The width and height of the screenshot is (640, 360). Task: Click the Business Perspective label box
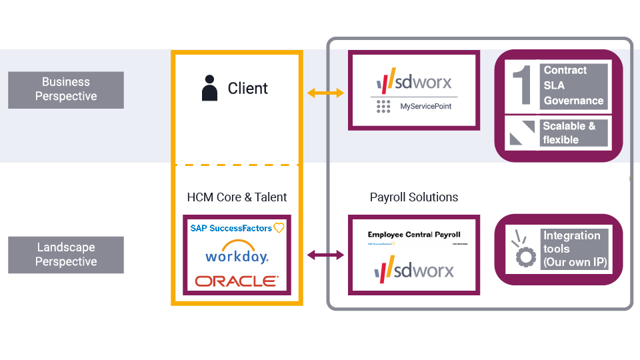point(65,89)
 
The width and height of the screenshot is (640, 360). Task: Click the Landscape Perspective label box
point(65,255)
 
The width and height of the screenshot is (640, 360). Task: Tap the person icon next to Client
point(209,89)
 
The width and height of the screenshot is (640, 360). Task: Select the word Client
point(247,89)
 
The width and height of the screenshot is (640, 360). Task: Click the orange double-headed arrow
point(325,93)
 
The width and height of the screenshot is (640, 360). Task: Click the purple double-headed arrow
point(325,255)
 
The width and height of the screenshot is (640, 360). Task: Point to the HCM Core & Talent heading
point(237,197)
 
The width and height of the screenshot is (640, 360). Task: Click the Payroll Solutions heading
point(414,197)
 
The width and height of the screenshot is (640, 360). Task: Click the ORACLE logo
point(237,281)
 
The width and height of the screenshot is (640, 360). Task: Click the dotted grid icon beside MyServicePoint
point(383,106)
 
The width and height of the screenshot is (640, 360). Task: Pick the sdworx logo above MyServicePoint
point(414,81)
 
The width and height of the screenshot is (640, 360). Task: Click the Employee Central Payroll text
point(414,235)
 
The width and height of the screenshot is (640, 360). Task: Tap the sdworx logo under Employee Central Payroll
point(414,270)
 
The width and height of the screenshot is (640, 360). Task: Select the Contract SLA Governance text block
point(573,85)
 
